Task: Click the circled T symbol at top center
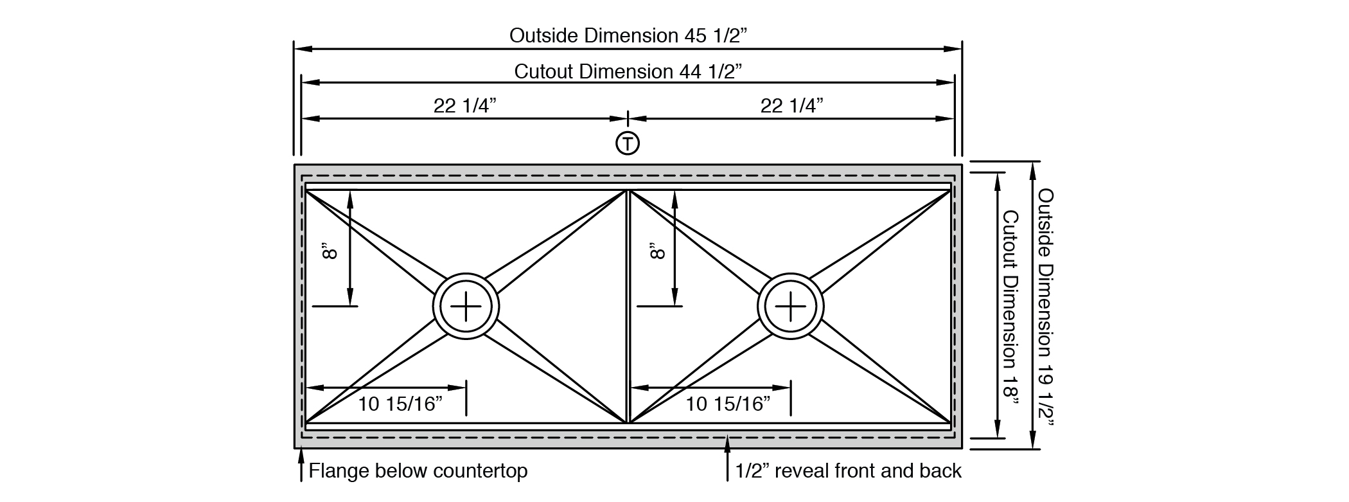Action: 628,143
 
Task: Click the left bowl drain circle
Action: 466,306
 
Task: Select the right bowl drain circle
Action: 790,306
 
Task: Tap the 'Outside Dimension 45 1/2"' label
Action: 629,35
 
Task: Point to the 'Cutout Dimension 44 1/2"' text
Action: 628,71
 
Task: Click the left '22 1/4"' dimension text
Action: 465,105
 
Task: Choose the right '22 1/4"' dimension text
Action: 792,105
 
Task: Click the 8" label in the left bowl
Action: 330,251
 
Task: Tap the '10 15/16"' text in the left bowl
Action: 400,404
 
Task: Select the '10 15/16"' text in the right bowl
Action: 728,404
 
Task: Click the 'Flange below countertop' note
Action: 418,471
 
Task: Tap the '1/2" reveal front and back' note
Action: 848,471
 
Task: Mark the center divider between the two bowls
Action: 628,306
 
